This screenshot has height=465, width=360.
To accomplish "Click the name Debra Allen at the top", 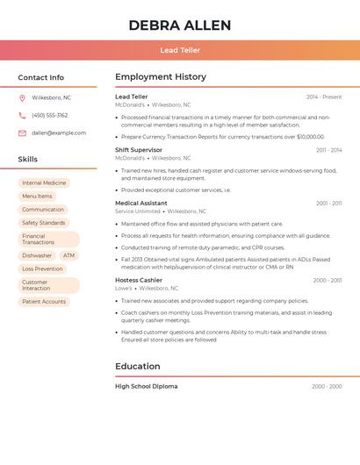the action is pyautogui.click(x=179, y=25).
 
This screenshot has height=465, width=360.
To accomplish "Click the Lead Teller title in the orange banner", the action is pyautogui.click(x=179, y=50).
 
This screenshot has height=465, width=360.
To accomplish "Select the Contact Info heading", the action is pyautogui.click(x=41, y=77).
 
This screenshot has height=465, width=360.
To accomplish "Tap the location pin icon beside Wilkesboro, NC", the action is pyautogui.click(x=22, y=97).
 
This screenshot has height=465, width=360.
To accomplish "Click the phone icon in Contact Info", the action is pyautogui.click(x=22, y=115).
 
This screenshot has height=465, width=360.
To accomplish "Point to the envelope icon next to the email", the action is pyautogui.click(x=22, y=133).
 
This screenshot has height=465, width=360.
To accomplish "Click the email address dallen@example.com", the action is pyautogui.click(x=59, y=133).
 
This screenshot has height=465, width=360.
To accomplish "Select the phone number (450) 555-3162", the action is pyautogui.click(x=50, y=115).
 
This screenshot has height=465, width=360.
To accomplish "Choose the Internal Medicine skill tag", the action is pyautogui.click(x=44, y=183).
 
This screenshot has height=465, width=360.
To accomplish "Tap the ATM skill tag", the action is pyautogui.click(x=68, y=255).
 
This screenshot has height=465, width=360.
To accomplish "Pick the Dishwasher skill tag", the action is pyautogui.click(x=37, y=255).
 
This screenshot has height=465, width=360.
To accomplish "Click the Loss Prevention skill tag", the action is pyautogui.click(x=42, y=268).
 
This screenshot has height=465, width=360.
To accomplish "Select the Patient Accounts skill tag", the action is pyautogui.click(x=44, y=302).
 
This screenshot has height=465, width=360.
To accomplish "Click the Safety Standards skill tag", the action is pyautogui.click(x=44, y=223).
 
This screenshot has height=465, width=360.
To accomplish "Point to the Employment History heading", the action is pyautogui.click(x=161, y=77).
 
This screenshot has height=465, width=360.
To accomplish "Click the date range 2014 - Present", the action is pyautogui.click(x=324, y=97).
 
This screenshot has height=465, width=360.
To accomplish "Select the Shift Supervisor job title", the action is pyautogui.click(x=139, y=150).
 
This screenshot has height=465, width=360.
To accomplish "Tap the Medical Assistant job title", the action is pyautogui.click(x=140, y=203).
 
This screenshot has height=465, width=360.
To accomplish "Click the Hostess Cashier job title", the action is pyautogui.click(x=139, y=280).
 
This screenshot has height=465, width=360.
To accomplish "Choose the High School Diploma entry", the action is pyautogui.click(x=146, y=386).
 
